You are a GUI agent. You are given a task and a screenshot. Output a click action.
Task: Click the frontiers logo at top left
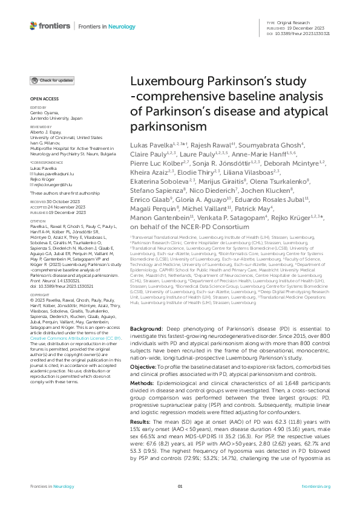(x=49, y=26)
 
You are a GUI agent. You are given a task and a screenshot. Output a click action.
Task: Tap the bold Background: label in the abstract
(x=146, y=328)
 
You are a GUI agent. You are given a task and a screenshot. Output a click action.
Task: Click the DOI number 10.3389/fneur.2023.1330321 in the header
(x=306, y=33)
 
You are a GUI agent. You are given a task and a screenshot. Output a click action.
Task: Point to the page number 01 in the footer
(x=180, y=487)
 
